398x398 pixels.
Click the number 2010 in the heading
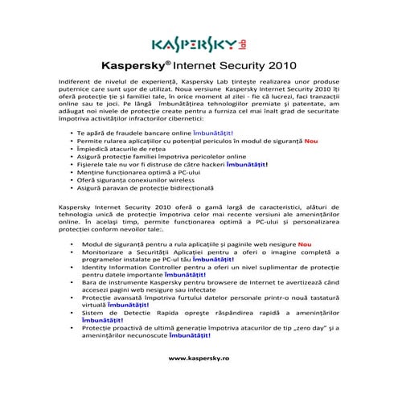pyautogui.click(x=278, y=68)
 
